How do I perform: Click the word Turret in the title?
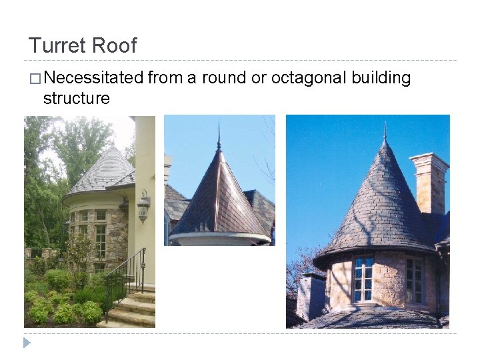[x=57, y=45]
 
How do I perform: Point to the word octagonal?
[x=307, y=79]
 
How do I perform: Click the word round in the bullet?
[x=224, y=79]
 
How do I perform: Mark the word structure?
[x=76, y=99]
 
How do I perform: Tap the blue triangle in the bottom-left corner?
[x=27, y=343]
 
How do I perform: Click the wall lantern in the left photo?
[x=143, y=207]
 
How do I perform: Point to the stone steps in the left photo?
[x=133, y=310]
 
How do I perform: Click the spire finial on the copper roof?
[x=218, y=137]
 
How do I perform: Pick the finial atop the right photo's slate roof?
[x=385, y=131]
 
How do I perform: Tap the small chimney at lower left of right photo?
[x=311, y=293]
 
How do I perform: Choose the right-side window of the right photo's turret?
[x=414, y=280]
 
